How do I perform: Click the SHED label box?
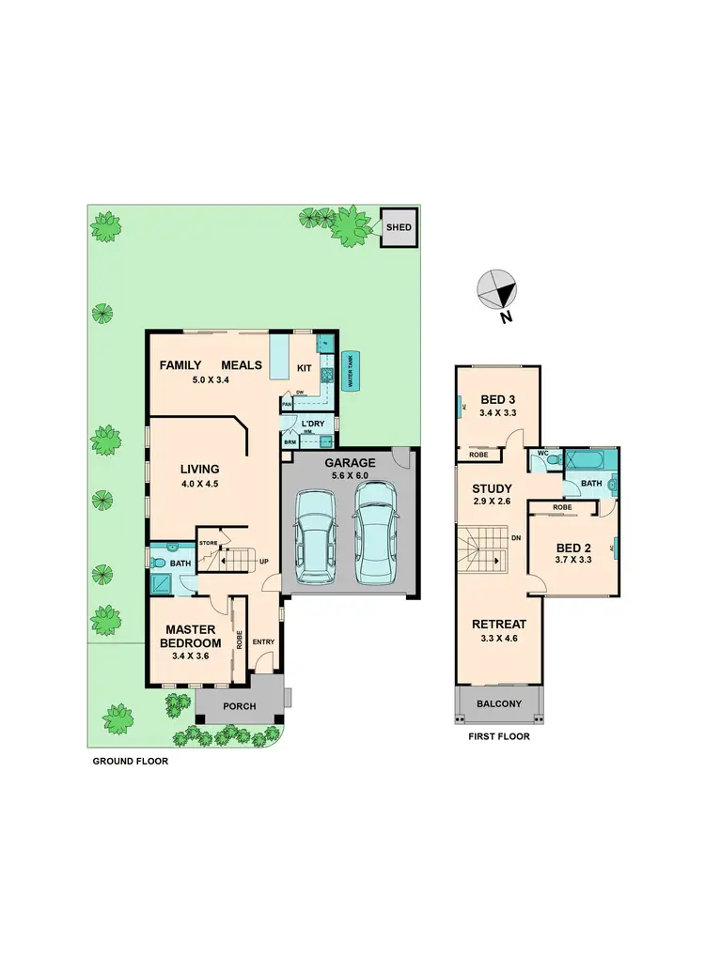pyautogui.click(x=399, y=227)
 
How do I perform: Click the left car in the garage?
pyautogui.click(x=314, y=540)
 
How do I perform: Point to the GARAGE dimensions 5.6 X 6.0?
pyautogui.click(x=350, y=476)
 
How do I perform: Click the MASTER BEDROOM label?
pyautogui.click(x=193, y=636)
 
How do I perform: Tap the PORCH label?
pyautogui.click(x=239, y=707)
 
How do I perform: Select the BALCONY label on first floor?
pyautogui.click(x=498, y=703)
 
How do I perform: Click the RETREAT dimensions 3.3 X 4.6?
pyautogui.click(x=498, y=639)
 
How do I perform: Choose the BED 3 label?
pyautogui.click(x=498, y=398)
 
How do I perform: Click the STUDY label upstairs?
pyautogui.click(x=491, y=488)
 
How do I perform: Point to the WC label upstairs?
pyautogui.click(x=543, y=454)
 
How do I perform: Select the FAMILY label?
pyautogui.click(x=182, y=364)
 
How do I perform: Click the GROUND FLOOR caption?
pyautogui.click(x=130, y=762)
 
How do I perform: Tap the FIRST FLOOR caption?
pyautogui.click(x=498, y=737)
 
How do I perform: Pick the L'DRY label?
pyautogui.click(x=312, y=424)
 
